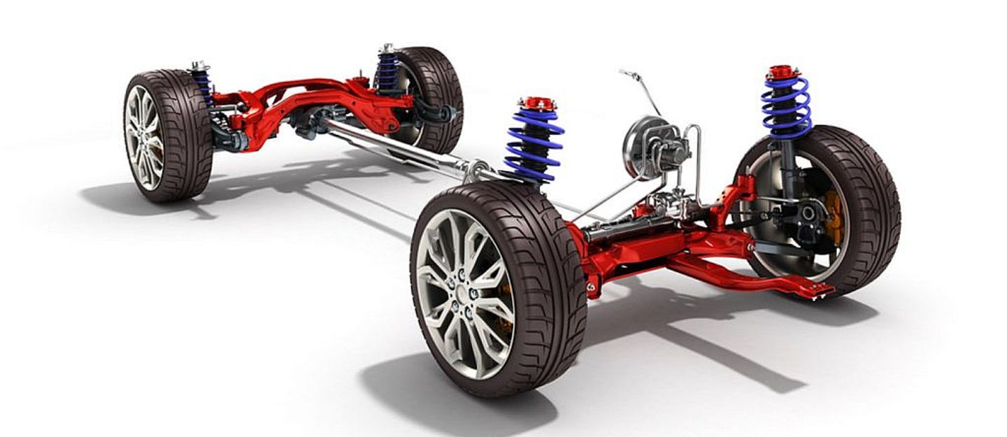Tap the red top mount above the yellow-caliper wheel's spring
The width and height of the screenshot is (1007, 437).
(783, 72)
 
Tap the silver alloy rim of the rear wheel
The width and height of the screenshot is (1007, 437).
(144, 137)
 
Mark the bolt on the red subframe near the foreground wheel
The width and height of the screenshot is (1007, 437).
(592, 286)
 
